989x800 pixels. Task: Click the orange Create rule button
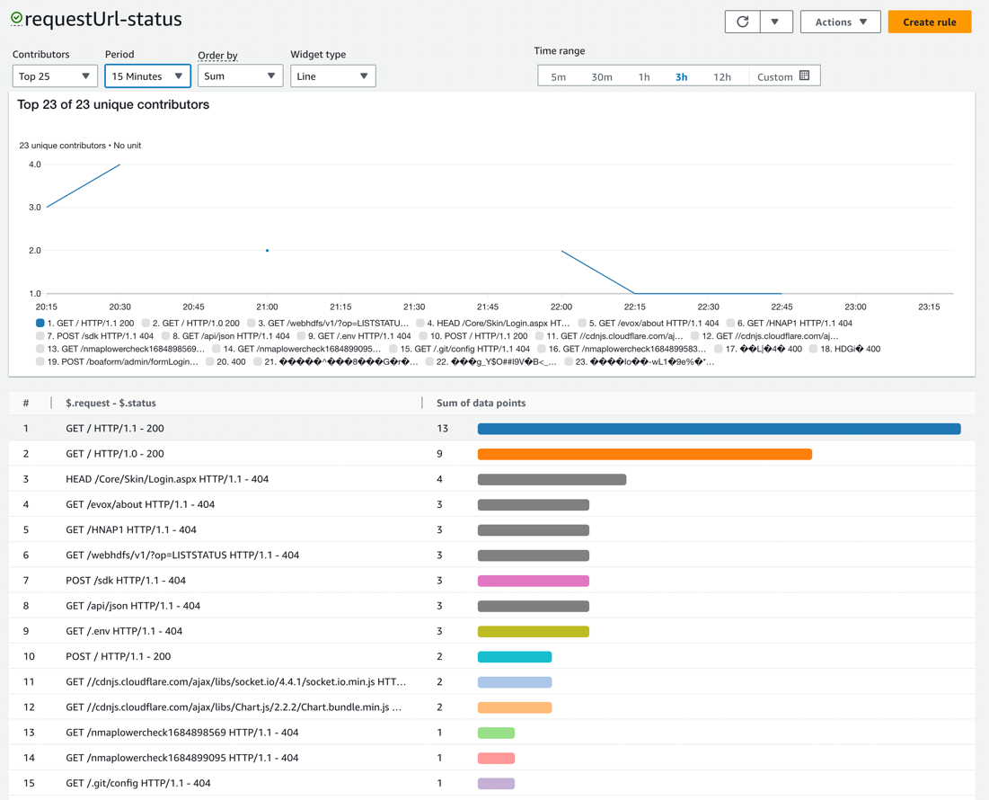coord(929,22)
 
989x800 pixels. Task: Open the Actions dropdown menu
coord(840,22)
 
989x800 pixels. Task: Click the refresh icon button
coord(743,22)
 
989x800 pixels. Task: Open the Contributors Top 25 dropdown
coord(55,76)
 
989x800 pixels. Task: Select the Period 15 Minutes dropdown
coord(147,76)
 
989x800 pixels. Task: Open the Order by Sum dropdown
coord(240,76)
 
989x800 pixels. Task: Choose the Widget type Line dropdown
coord(332,76)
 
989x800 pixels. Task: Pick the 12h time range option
coord(721,76)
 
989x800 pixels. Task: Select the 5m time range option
coord(558,76)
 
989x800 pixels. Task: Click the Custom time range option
coord(782,76)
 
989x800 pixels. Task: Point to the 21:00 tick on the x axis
coord(267,307)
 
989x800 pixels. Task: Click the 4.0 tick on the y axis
coord(35,164)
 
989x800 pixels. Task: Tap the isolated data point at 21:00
coord(267,251)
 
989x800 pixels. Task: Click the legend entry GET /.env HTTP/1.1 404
coord(358,336)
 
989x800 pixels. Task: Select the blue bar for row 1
coord(719,429)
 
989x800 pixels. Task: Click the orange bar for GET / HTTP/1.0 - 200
coord(644,454)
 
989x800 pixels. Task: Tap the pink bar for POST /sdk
coord(533,581)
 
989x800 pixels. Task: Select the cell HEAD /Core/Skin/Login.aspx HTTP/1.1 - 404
coord(167,479)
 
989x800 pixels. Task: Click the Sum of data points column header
coord(481,403)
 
